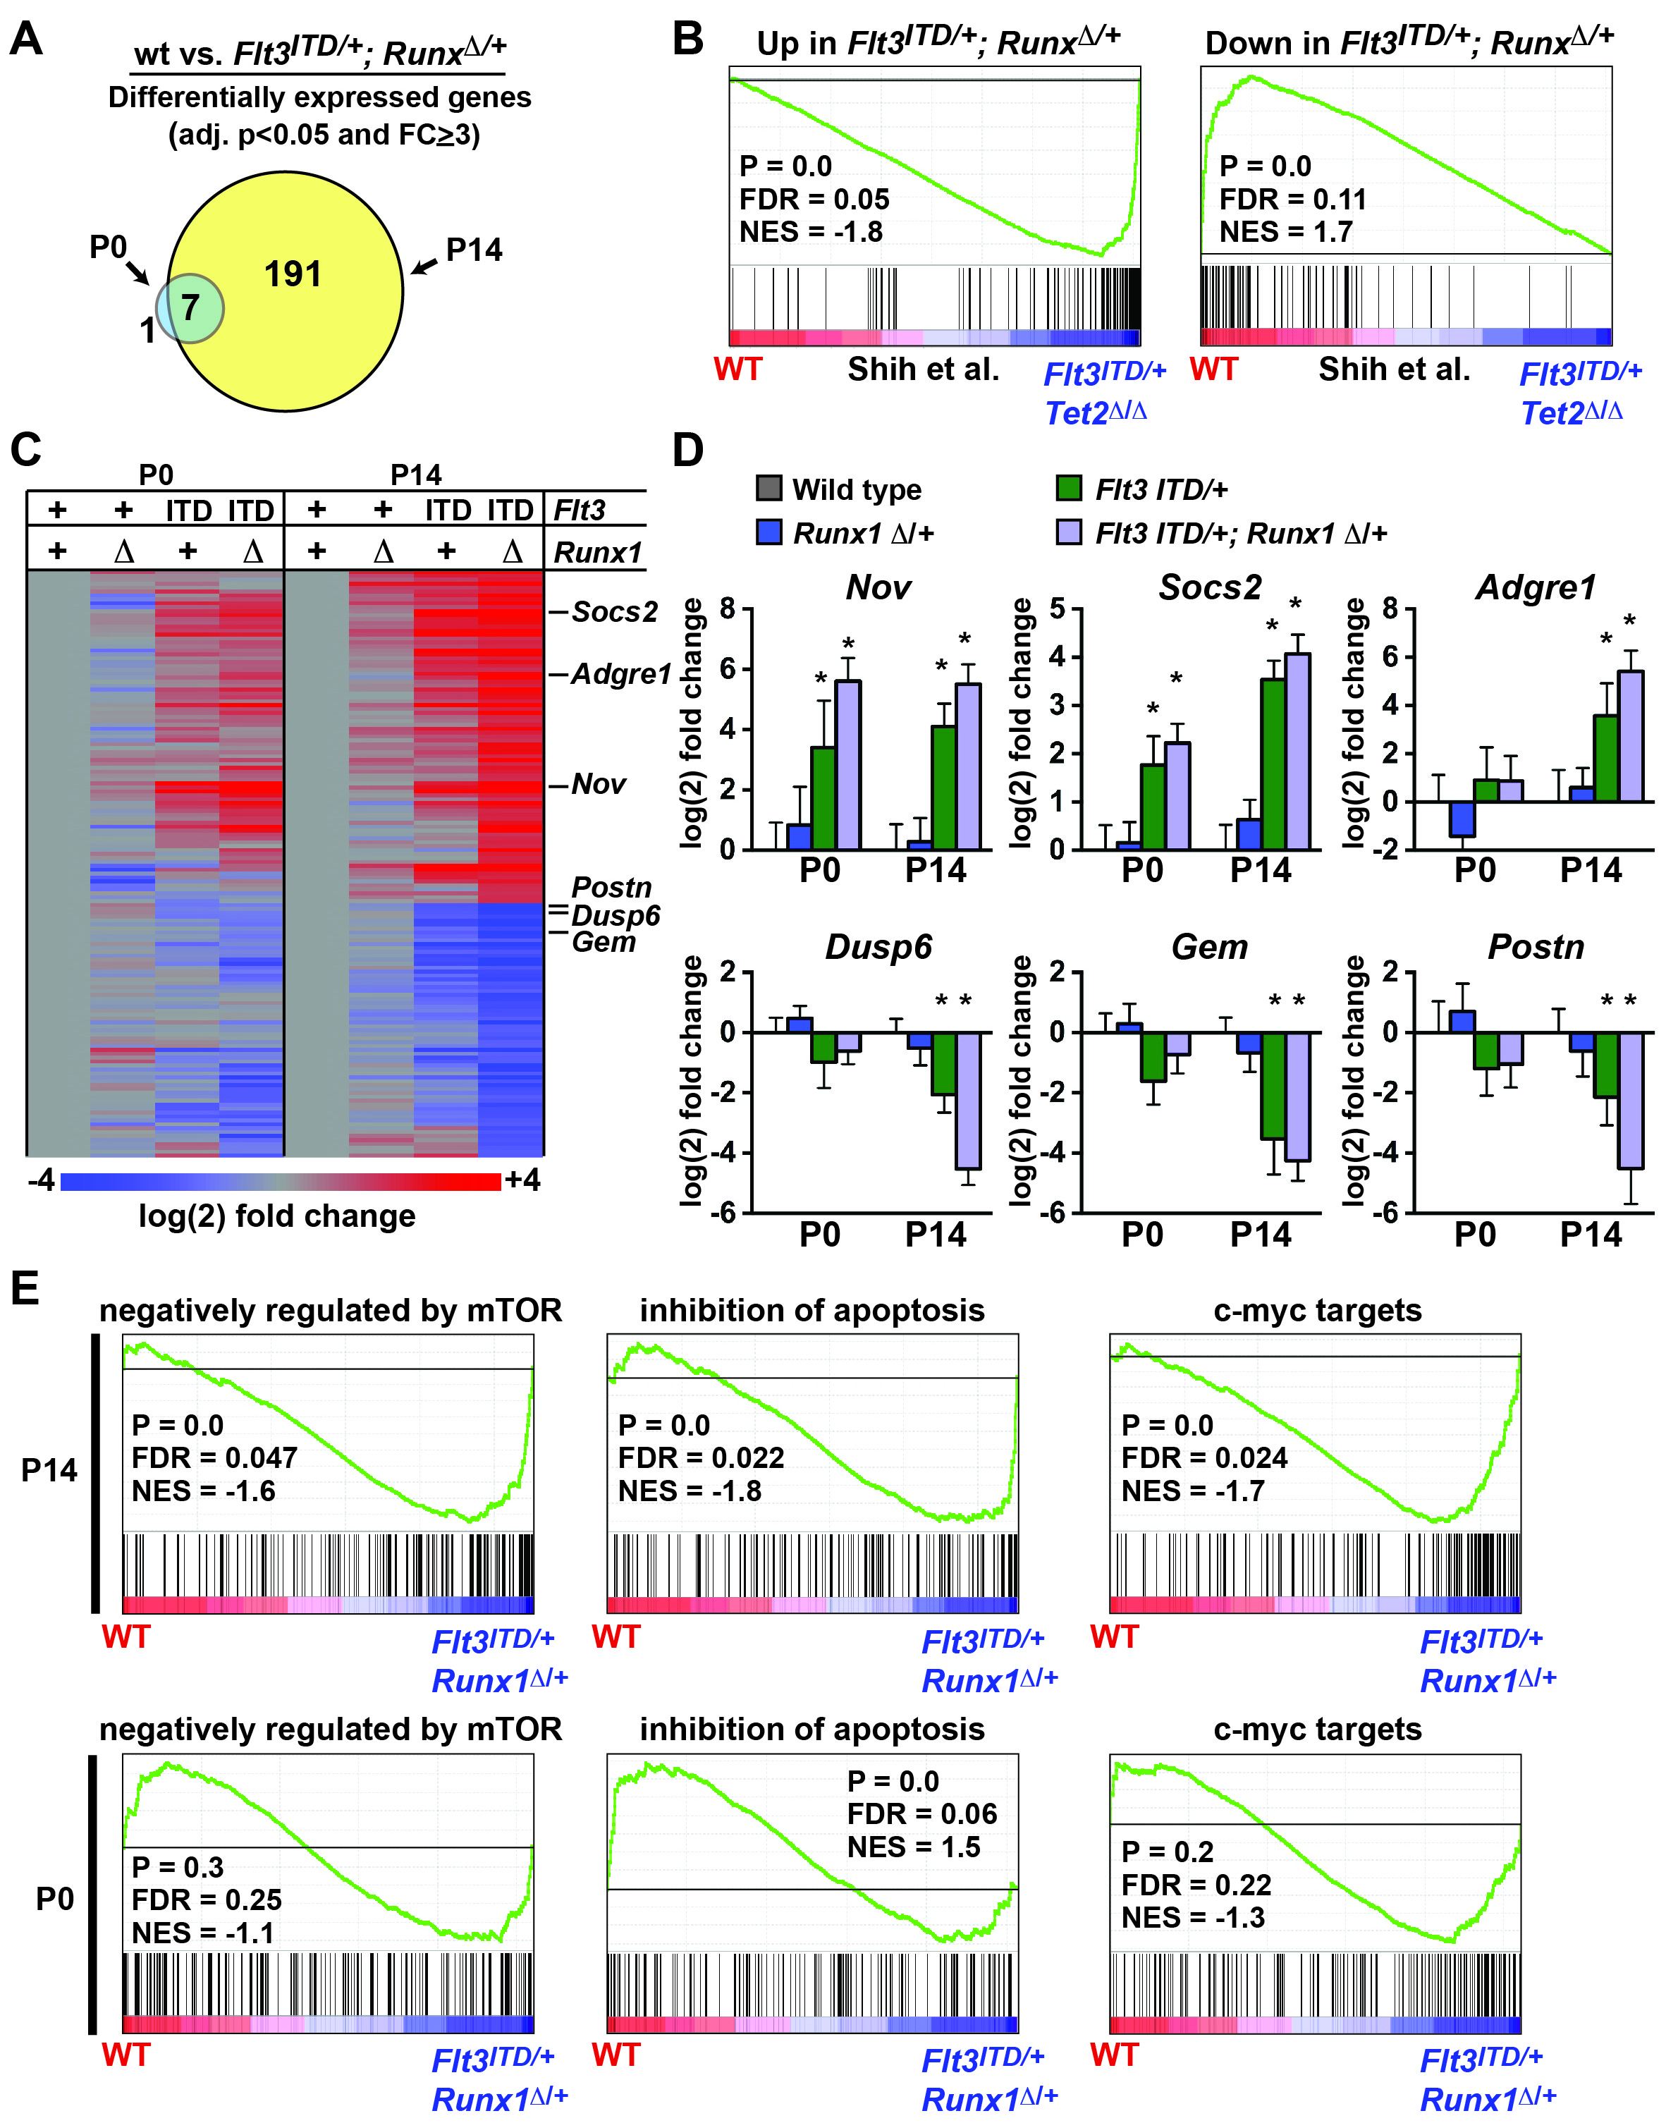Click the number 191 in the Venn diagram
click(293, 275)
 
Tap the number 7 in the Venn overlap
click(190, 308)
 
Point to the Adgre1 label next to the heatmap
click(621, 674)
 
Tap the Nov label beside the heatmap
click(598, 784)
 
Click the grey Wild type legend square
click(768, 488)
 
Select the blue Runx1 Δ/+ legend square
click(768, 532)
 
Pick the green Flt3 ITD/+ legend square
click(1069, 488)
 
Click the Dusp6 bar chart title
click(878, 947)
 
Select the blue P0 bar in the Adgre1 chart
click(1461, 819)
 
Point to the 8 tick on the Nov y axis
click(728, 611)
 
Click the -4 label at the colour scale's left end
click(41, 1181)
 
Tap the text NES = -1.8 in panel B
click(811, 232)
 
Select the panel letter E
click(25, 1288)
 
